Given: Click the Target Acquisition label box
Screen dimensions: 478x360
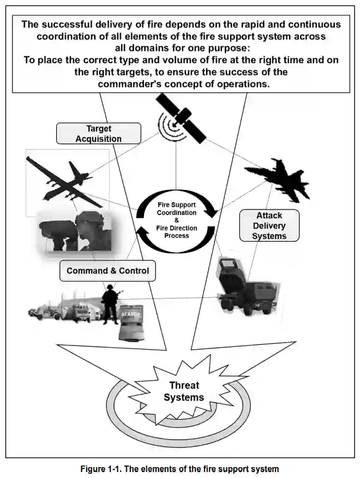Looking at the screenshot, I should tap(99, 133).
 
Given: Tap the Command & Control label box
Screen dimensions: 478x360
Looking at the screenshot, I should tap(107, 271).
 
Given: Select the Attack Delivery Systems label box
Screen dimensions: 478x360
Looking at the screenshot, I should tap(269, 225).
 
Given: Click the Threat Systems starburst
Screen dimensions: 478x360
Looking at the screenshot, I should tap(184, 391).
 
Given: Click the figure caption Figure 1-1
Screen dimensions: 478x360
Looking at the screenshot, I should tap(180, 469).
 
